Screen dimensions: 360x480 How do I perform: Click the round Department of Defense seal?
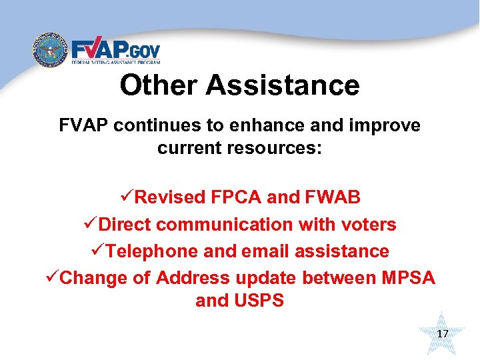point(51,51)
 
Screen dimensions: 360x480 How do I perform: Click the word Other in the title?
point(159,85)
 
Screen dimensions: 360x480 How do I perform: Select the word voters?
point(367,225)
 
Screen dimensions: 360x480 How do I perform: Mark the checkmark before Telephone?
point(99,251)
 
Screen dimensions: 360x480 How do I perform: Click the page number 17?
point(443,333)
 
